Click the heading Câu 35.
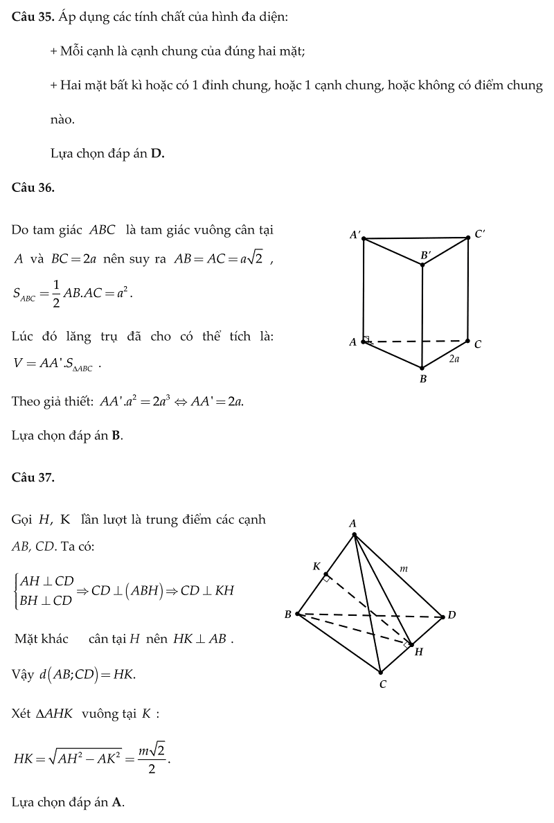tap(32, 17)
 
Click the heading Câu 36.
tap(33, 188)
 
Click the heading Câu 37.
tap(33, 477)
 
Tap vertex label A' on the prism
tap(355, 236)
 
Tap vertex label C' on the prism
tap(479, 234)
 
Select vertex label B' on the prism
tap(425, 256)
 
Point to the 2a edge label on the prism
tap(454, 360)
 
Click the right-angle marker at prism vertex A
tap(368, 339)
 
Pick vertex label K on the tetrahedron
tap(316, 567)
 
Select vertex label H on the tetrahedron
tap(418, 652)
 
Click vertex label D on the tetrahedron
tap(452, 615)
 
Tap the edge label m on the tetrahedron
tap(404, 569)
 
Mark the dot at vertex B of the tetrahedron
tap(298, 614)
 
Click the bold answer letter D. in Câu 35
tap(157, 154)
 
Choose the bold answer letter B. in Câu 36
tap(117, 436)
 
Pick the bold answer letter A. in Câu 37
tap(118, 802)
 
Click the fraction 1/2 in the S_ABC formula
tap(55, 293)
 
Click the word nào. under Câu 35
tap(62, 119)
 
